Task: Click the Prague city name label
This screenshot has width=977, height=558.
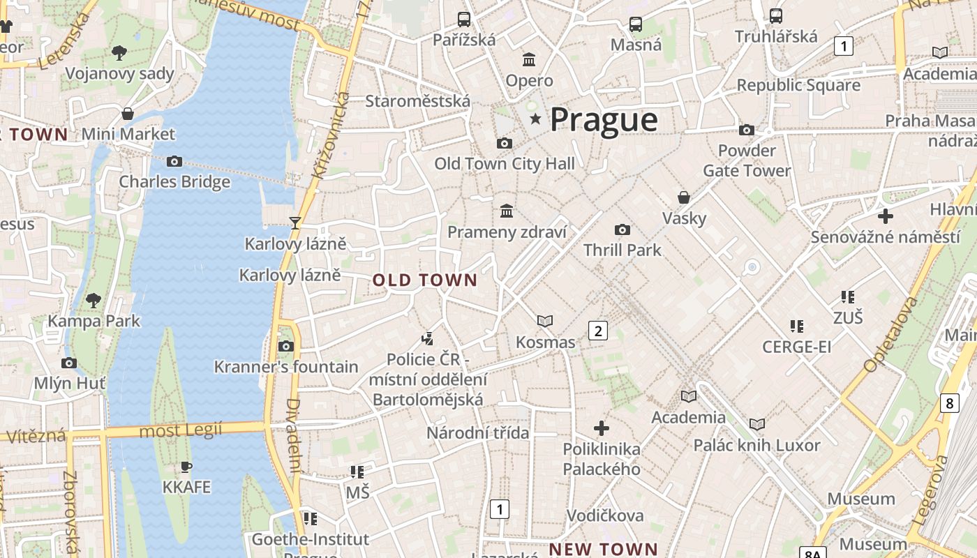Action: pos(604,120)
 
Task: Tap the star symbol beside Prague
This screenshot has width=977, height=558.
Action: pos(535,119)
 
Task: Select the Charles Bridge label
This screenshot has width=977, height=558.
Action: pos(174,182)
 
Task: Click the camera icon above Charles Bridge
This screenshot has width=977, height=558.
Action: pos(174,162)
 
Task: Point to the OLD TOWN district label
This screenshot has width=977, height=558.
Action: pos(425,280)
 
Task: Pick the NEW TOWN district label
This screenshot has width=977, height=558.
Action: pos(603,549)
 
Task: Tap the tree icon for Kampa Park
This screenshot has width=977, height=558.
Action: pos(94,301)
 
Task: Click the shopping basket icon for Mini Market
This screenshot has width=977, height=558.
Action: pos(128,114)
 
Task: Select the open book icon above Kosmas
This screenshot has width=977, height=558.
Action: pos(545,321)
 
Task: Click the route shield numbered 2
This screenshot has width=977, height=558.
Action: pos(597,330)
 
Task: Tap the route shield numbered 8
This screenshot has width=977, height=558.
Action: pos(949,402)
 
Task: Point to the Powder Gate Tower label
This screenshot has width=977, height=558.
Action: pos(747,160)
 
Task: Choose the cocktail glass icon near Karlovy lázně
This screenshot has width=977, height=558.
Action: pos(295,223)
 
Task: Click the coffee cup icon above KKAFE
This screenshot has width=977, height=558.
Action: pos(186,467)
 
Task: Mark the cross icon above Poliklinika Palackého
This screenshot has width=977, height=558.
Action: pos(601,428)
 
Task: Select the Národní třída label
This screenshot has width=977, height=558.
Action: pos(478,433)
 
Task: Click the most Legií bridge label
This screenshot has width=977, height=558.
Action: pos(181,430)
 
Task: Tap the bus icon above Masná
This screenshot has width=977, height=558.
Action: pos(636,24)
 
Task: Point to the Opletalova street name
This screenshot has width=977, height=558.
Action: pos(890,334)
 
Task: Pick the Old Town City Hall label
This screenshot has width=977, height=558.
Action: pos(505,164)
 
